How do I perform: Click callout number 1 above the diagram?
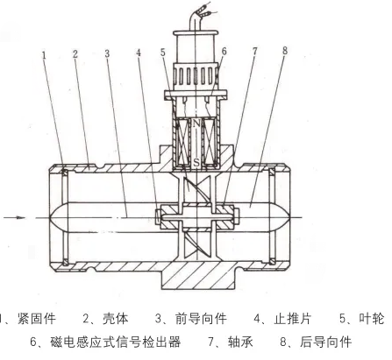44,55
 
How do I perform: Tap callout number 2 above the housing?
75,54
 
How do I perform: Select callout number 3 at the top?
107,53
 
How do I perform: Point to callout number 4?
139,53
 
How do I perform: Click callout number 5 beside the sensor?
163,53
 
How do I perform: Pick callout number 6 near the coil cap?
224,52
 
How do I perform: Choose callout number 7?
255,51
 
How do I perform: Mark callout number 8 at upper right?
285,51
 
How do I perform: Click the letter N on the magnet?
196,124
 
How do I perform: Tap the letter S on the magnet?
196,162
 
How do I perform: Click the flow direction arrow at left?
14,217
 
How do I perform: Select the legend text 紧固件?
37,319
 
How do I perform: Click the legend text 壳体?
116,319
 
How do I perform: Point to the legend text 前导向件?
201,319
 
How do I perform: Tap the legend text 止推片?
293,319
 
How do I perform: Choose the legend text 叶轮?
372,319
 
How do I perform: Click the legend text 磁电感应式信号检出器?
116,342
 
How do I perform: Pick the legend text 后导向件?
325,342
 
